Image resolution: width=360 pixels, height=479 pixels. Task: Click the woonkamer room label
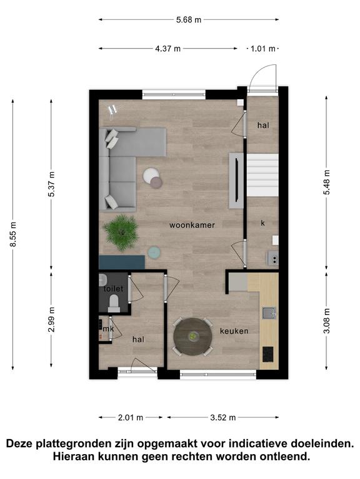192,225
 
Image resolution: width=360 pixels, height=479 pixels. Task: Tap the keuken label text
234,331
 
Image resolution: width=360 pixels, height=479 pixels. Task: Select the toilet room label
113,289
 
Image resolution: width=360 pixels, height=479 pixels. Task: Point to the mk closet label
108,329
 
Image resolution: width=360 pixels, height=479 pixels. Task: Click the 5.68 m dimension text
189,20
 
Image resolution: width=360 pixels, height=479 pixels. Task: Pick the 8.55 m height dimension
13,234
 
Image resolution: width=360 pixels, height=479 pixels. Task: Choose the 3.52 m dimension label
223,417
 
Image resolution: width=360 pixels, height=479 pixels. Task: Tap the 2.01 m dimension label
131,417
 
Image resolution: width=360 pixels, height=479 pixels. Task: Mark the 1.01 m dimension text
263,49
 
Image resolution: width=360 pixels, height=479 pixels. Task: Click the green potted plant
121,232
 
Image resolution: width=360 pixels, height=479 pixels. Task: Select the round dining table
193,337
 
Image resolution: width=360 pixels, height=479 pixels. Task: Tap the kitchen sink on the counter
269,313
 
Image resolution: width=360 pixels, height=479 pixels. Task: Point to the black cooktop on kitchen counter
269,354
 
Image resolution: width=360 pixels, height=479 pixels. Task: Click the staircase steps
262,175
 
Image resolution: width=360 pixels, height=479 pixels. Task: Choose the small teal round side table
154,253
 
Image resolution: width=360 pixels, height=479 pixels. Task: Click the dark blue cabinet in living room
122,263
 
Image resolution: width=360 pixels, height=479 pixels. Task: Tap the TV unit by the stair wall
236,180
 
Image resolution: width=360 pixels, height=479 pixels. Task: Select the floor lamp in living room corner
113,110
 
